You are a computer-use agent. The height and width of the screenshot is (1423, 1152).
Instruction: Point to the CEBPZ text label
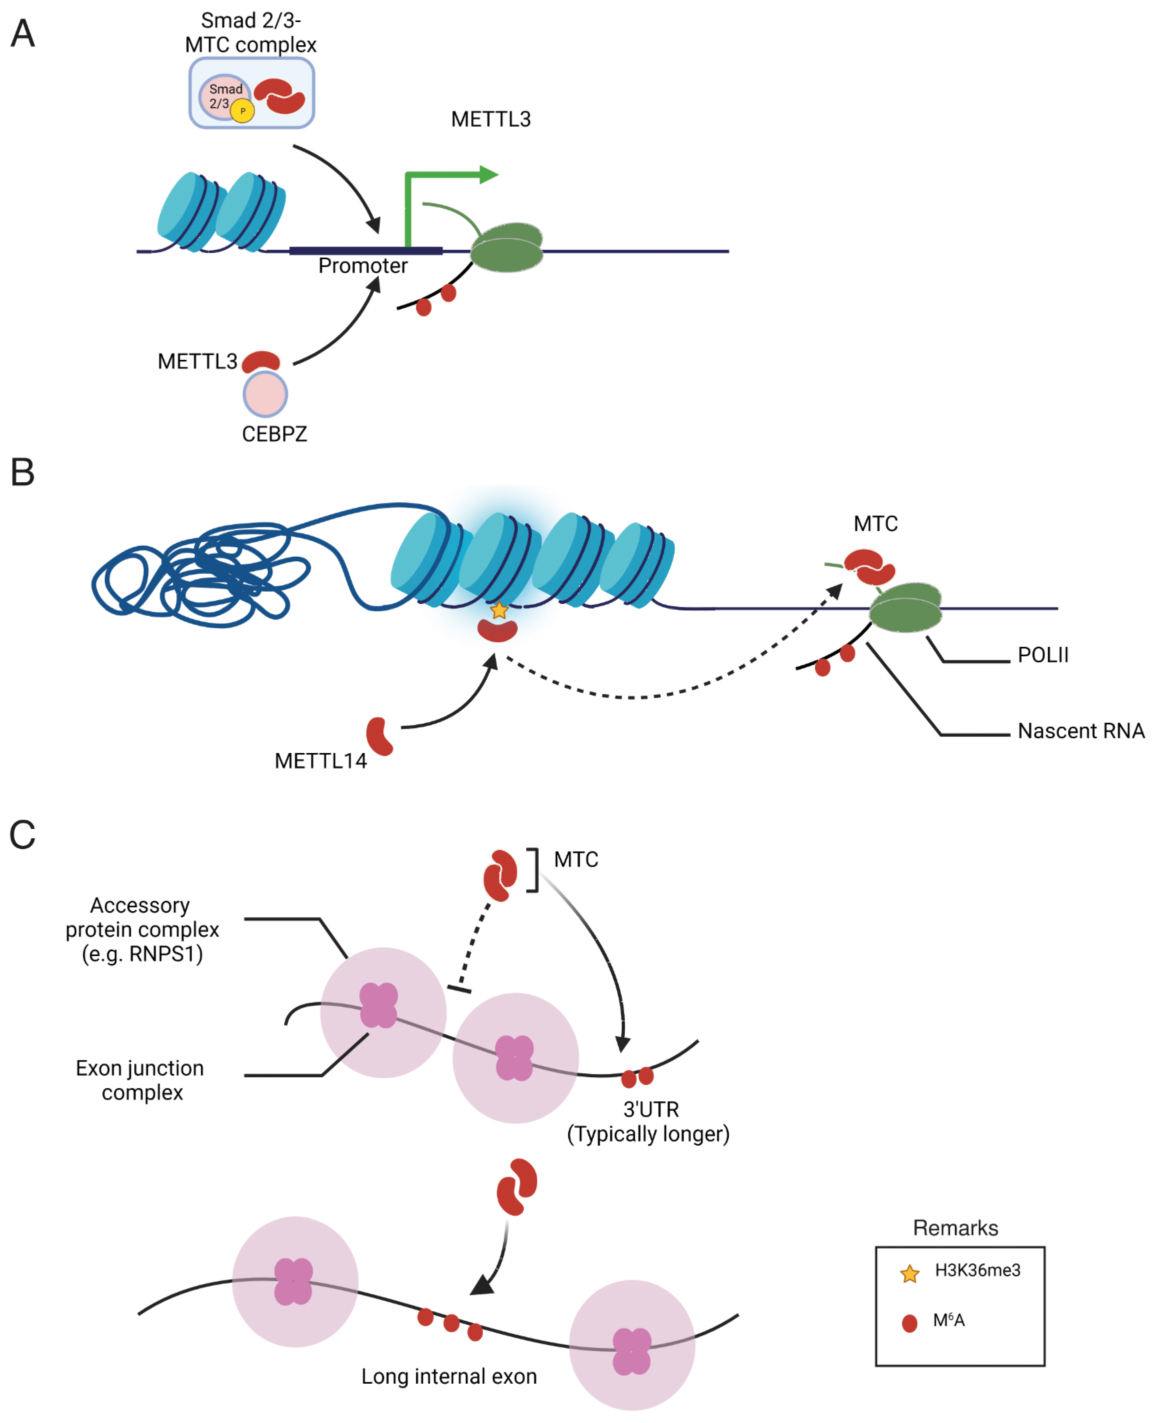pyautogui.click(x=274, y=435)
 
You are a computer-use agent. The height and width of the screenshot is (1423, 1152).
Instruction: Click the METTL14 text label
pyautogui.click(x=321, y=761)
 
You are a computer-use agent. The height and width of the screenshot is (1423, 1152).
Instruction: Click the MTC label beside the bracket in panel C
pyautogui.click(x=576, y=860)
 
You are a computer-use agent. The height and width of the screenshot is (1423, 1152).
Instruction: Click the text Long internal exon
pyautogui.click(x=449, y=1376)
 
